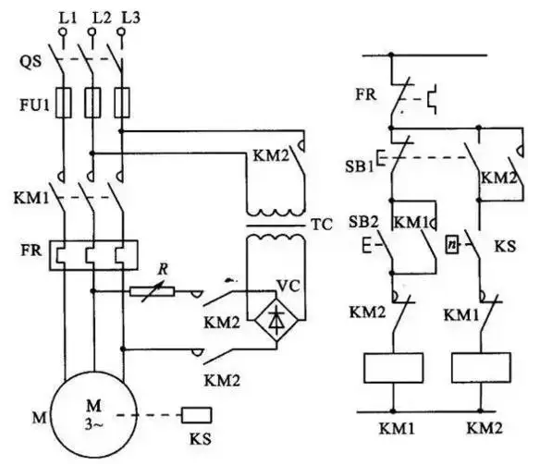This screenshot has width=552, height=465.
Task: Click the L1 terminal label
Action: (67, 18)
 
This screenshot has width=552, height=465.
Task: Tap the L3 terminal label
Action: (130, 18)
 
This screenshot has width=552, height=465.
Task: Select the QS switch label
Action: (30, 62)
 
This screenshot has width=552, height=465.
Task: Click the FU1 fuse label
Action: (34, 104)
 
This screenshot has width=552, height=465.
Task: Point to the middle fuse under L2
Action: (92, 103)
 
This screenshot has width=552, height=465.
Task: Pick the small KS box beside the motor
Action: (197, 415)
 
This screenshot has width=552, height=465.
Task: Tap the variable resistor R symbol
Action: (152, 291)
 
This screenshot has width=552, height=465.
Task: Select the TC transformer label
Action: (322, 225)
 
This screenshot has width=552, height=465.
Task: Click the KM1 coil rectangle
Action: (394, 368)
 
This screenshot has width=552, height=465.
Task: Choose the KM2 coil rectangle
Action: (481, 368)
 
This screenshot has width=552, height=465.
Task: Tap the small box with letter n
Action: (452, 245)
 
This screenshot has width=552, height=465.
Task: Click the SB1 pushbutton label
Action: (359, 166)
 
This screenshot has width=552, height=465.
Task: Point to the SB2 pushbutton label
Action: (363, 222)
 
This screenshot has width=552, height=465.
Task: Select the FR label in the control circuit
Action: (365, 94)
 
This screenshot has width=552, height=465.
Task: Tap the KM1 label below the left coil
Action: (397, 429)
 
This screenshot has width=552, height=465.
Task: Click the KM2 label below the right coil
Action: (485, 428)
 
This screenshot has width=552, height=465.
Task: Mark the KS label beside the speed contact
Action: (505, 246)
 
